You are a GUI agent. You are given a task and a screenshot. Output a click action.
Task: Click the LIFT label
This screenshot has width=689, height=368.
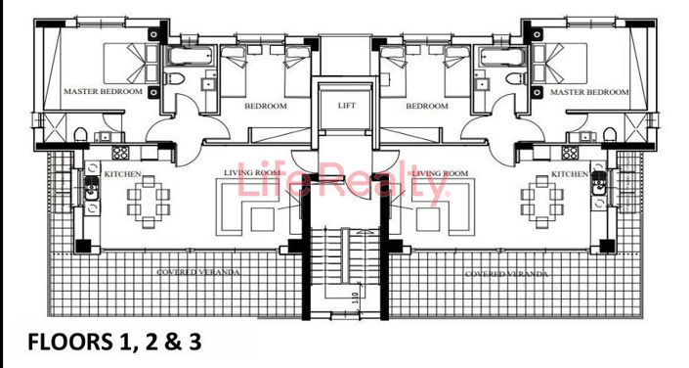(347, 105)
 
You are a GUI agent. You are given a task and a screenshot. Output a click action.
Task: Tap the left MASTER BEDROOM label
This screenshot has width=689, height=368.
(103, 91)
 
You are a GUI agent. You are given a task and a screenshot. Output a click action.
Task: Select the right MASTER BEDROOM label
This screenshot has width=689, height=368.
(589, 91)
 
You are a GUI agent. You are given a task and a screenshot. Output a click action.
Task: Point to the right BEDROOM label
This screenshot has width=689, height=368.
(426, 107)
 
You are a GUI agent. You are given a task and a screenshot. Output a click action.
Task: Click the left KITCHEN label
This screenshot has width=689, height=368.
(123, 174)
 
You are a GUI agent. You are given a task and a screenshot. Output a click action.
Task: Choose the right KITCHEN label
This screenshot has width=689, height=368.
(570, 174)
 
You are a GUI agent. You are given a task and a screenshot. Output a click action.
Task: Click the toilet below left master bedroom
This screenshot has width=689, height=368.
(81, 134)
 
